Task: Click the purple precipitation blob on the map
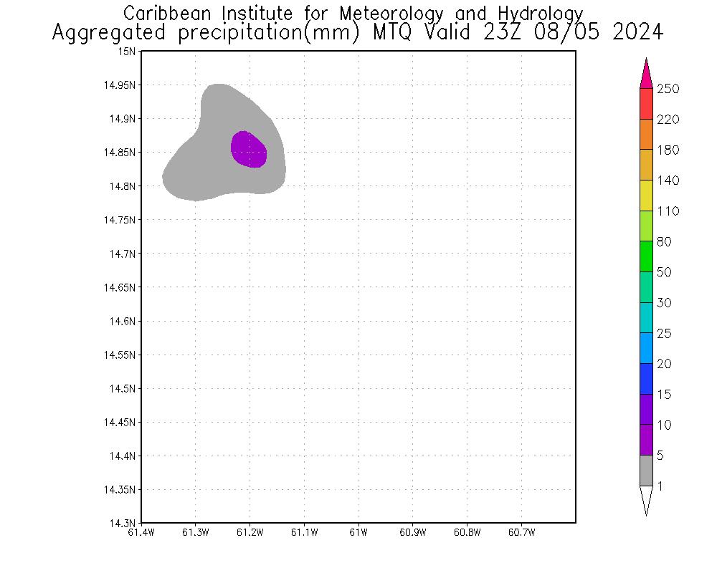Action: pyautogui.click(x=249, y=150)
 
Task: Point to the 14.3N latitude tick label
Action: pyautogui.click(x=123, y=523)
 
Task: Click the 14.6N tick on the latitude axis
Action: pyautogui.click(x=123, y=321)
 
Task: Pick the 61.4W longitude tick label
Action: pyautogui.click(x=141, y=532)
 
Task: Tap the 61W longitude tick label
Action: pyautogui.click(x=358, y=532)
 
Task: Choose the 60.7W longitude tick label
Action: pyautogui.click(x=521, y=532)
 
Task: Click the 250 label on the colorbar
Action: pyautogui.click(x=668, y=89)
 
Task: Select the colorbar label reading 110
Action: pyautogui.click(x=668, y=211)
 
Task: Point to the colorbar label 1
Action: pyautogui.click(x=660, y=486)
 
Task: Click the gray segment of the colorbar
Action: pyautogui.click(x=646, y=471)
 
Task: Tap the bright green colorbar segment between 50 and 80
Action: pyautogui.click(x=646, y=256)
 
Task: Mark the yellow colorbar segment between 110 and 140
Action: pyautogui.click(x=646, y=195)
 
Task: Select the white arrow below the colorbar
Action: pyautogui.click(x=646, y=499)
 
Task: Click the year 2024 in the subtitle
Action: pyautogui.click(x=637, y=33)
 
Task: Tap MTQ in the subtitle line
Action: pyautogui.click(x=393, y=33)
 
